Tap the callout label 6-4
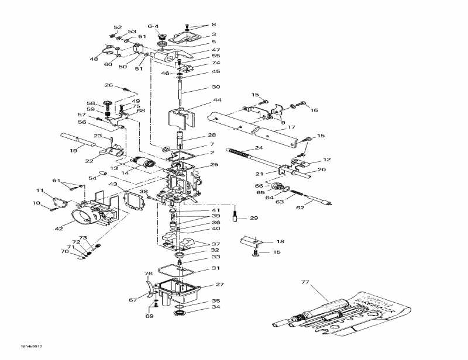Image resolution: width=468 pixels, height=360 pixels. coord(153,26)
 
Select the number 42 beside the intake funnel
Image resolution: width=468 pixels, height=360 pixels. coord(58,229)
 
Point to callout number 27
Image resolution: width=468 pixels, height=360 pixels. coord(220,285)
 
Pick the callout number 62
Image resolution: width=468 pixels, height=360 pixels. coord(300,207)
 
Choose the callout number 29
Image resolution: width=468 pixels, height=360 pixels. coord(253,218)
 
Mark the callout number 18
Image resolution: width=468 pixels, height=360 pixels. coord(280,241)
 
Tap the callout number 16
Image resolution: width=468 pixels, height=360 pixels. coord(314,110)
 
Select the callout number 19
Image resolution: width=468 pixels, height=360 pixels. coord(74,150)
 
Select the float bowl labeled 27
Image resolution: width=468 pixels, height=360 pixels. coord(181,289)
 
